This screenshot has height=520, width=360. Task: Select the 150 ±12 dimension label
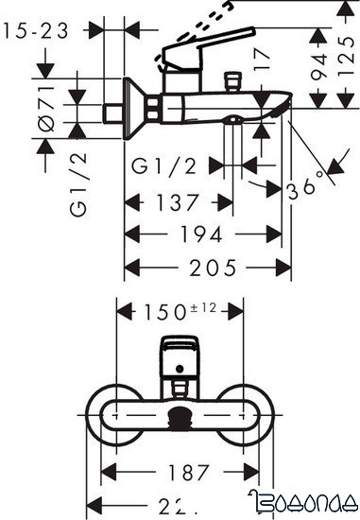coord(180,311)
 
